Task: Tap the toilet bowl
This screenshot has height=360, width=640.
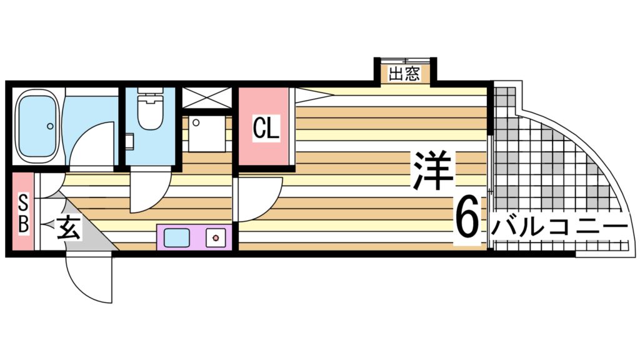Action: (150, 116)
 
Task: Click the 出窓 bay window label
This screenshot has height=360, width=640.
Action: (404, 74)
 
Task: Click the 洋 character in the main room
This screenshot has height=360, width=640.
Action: (432, 170)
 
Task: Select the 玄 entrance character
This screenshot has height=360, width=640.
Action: (69, 229)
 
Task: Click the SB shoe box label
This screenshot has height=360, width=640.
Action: (22, 214)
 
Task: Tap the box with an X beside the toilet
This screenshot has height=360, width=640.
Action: (207, 98)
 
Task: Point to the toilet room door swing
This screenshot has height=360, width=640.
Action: (149, 194)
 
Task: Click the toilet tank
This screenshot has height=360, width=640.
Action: (149, 97)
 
